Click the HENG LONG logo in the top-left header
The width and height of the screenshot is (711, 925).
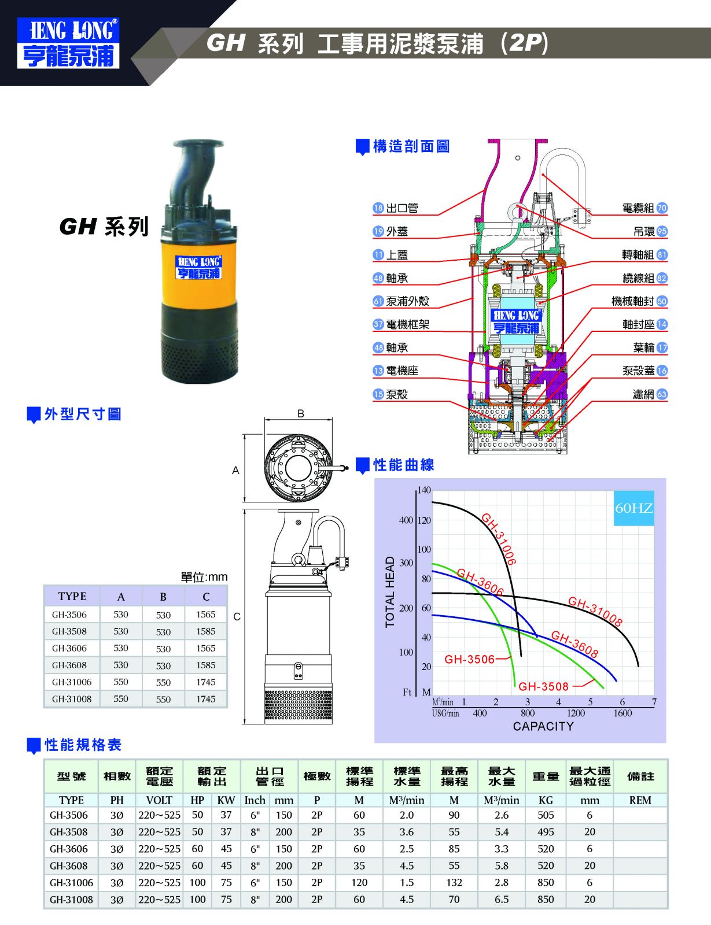pyautogui.click(x=68, y=43)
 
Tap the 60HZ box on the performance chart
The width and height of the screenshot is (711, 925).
pyautogui.click(x=633, y=508)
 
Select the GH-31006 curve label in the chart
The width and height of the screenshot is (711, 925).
pyautogui.click(x=499, y=539)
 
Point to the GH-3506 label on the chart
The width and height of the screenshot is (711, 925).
pyautogui.click(x=469, y=660)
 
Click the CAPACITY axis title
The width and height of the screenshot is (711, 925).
pyautogui.click(x=543, y=726)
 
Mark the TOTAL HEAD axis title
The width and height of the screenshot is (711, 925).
pyautogui.click(x=390, y=591)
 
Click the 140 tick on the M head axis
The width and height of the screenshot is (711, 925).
pyautogui.click(x=424, y=490)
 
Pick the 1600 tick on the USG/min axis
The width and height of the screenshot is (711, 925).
pyautogui.click(x=622, y=713)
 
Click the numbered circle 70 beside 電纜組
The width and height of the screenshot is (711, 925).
pyautogui.click(x=662, y=208)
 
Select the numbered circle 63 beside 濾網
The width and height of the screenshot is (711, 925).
pyautogui.click(x=662, y=394)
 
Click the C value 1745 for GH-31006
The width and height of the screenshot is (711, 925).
pyautogui.click(x=206, y=682)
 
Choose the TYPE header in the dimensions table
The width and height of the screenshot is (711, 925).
pyautogui.click(x=72, y=597)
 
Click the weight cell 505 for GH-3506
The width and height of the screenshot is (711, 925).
pyautogui.click(x=546, y=815)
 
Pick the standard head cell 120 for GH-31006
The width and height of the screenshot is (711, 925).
pyautogui.click(x=359, y=882)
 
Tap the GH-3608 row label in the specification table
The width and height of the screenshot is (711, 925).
pyautogui.click(x=69, y=865)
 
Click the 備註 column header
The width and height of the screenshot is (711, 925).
pyautogui.click(x=640, y=776)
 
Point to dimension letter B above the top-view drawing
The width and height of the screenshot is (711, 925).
pyautogui.click(x=301, y=413)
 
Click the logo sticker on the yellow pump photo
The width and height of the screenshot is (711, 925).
pyautogui.click(x=198, y=267)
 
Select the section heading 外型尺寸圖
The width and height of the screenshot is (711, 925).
pyautogui.click(x=83, y=414)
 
